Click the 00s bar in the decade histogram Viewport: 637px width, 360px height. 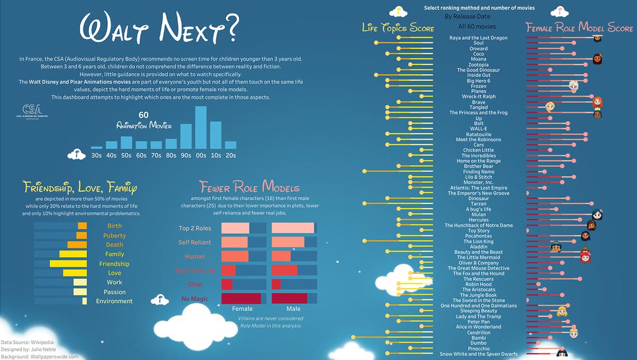[x=201, y=127]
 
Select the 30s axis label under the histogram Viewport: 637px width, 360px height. [x=97, y=155]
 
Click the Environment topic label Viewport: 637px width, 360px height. [x=114, y=301]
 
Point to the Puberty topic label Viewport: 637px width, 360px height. [x=115, y=236]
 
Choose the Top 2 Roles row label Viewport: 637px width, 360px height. [x=195, y=228]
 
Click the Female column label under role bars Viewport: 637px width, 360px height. [x=243, y=308]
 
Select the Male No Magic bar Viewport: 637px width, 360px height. [x=290, y=298]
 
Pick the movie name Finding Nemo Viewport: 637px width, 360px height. [x=479, y=172]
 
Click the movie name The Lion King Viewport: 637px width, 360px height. [x=478, y=242]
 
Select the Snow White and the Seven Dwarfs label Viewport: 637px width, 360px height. [x=478, y=354]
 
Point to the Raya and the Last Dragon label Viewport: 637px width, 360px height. [x=478, y=38]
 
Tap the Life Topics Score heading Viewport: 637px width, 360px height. [x=398, y=28]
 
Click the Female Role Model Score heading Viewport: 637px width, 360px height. [x=579, y=28]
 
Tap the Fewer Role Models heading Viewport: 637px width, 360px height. [x=249, y=187]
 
